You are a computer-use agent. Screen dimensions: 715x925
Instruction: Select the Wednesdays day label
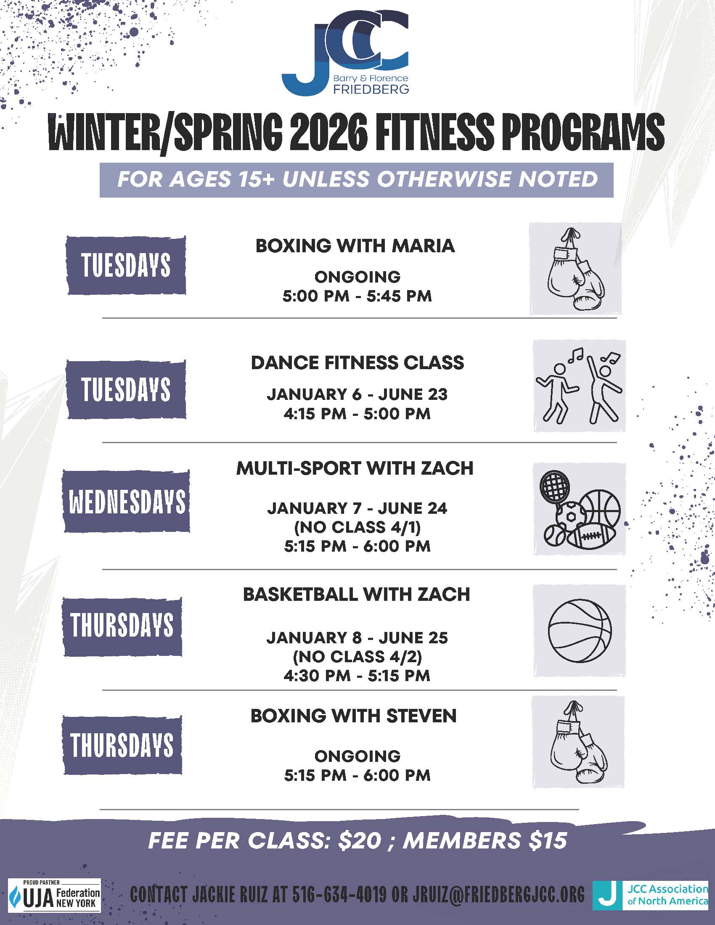[126, 502]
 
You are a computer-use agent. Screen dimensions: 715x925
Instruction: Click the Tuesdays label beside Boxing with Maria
[126, 266]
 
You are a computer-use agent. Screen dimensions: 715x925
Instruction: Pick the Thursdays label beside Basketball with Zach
[122, 626]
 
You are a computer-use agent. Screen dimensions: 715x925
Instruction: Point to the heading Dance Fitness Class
[357, 363]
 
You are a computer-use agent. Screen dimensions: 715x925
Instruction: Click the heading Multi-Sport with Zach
[355, 468]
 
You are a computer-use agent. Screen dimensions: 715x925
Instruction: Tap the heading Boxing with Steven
[354, 716]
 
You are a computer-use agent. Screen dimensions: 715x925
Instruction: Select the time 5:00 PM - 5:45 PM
[357, 296]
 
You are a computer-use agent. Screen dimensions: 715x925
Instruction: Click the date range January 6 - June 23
[357, 394]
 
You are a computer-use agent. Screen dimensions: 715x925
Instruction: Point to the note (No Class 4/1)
[357, 527]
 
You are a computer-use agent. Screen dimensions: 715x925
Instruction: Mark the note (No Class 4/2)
[357, 657]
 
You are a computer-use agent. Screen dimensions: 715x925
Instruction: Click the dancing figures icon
[579, 386]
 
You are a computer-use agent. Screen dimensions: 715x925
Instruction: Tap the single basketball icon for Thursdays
[580, 632]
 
